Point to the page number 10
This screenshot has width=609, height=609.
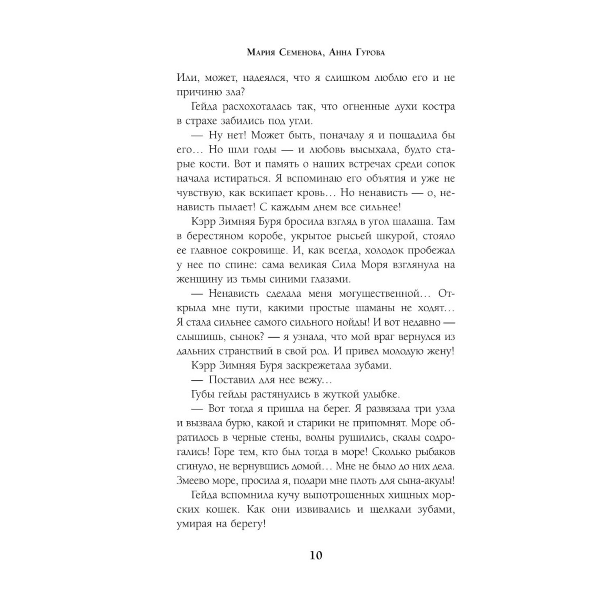pyautogui.click(x=316, y=555)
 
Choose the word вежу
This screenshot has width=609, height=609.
pyautogui.click(x=319, y=380)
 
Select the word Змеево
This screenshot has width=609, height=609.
pyautogui.click(x=193, y=481)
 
